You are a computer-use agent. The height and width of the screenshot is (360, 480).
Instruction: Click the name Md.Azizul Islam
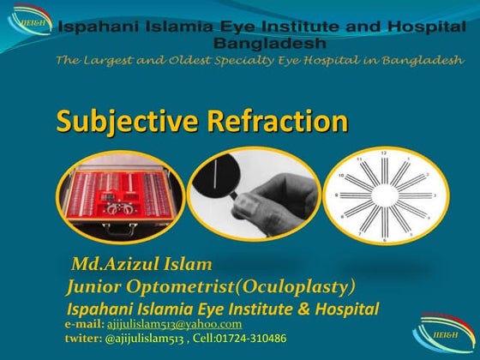point(141,262)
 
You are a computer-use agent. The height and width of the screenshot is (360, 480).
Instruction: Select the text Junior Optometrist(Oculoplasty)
point(211,285)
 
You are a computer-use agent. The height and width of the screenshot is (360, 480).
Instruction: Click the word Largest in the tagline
point(110,60)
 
